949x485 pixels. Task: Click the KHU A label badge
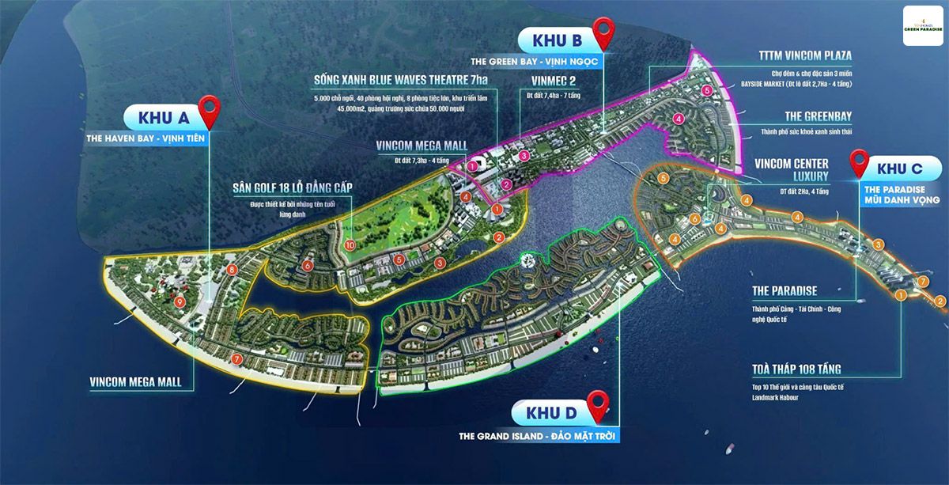pyautogui.click(x=164, y=118)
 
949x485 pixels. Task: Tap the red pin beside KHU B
pyautogui.click(x=605, y=33)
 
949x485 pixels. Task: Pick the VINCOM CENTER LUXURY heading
pyautogui.click(x=792, y=169)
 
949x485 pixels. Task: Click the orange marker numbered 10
pyautogui.click(x=350, y=246)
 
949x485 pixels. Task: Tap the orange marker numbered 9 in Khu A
pyautogui.click(x=180, y=301)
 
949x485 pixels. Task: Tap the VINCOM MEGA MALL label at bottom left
pyautogui.click(x=135, y=382)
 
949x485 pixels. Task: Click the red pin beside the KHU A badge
pyautogui.click(x=210, y=111)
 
